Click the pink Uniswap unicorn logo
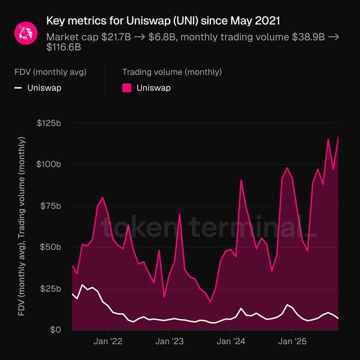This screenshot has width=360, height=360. tap(25, 32)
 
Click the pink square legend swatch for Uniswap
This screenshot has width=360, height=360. tap(127, 88)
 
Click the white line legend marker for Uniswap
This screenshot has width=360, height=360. tap(18, 88)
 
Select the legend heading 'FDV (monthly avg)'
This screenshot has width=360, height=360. tap(50, 72)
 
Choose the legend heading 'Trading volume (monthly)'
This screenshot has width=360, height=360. tap(172, 72)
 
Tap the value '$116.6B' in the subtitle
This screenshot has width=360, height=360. tap(63, 47)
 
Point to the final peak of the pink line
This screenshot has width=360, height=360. tap(338, 137)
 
